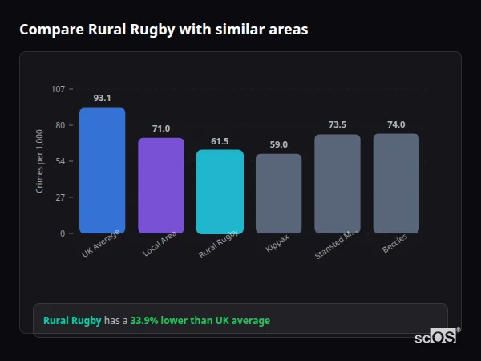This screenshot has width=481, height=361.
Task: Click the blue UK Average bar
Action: pos(102,171)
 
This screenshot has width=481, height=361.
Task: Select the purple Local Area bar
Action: pos(161,185)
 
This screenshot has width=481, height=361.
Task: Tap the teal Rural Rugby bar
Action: pos(220,192)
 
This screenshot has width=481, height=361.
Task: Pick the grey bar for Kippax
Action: pos(279,193)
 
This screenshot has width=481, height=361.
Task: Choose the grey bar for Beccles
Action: pos(396,184)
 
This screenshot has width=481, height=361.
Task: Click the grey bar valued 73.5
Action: pos(338,184)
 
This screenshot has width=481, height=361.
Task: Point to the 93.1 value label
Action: pos(102,98)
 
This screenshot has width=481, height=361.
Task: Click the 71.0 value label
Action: pos(161,128)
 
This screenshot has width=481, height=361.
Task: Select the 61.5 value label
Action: pos(220,141)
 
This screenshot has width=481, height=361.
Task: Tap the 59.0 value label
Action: pos(279,145)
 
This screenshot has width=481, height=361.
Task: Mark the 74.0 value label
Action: pos(396,124)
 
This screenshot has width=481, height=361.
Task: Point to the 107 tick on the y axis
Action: pos(59,89)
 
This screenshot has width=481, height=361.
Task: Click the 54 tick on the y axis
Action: pos(60,161)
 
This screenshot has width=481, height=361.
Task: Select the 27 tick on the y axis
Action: pos(60,197)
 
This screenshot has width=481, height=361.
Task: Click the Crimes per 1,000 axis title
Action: pos(40,160)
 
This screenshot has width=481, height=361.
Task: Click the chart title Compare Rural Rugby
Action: pos(164,30)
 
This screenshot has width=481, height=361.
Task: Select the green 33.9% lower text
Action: pos(200,321)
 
